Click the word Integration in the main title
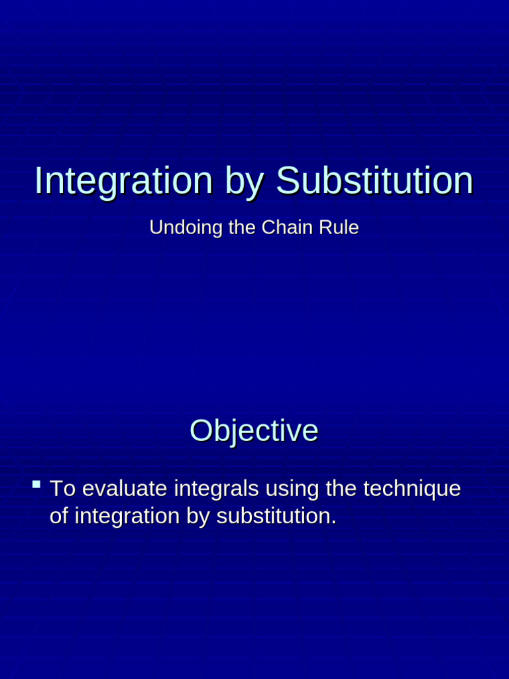click(123, 180)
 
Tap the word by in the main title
click(244, 182)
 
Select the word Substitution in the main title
click(374, 180)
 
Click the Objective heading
click(254, 431)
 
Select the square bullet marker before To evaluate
click(36, 485)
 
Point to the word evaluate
click(125, 489)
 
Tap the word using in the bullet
click(294, 489)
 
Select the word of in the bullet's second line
click(59, 516)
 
